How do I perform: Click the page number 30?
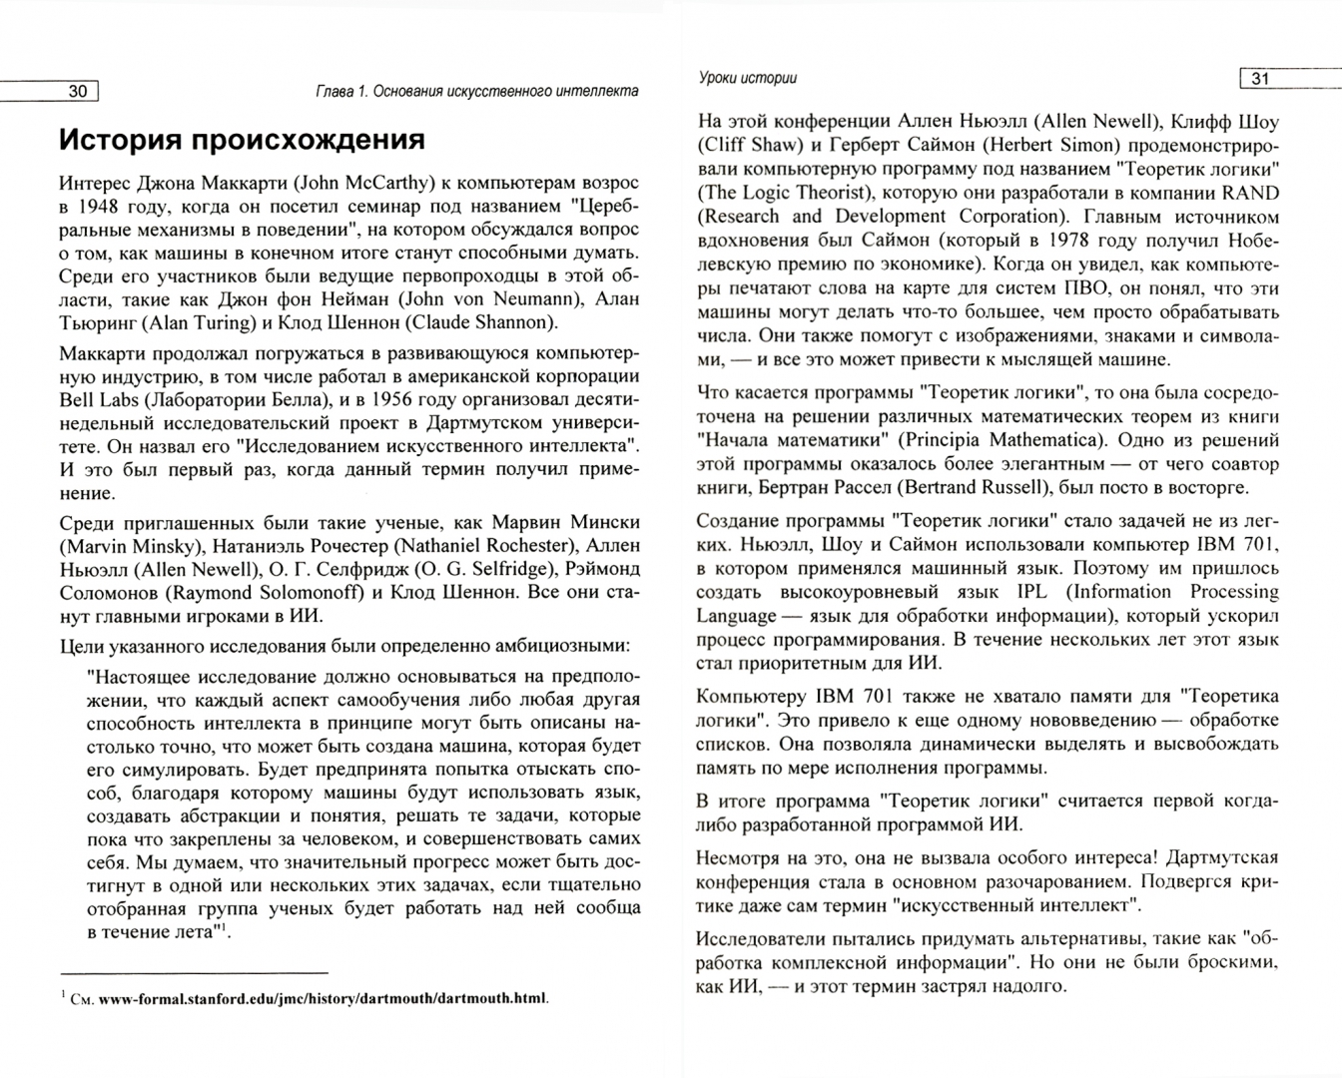click(x=77, y=92)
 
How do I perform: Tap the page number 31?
click(x=1260, y=79)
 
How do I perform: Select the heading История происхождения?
click(x=242, y=140)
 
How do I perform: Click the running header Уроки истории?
click(x=747, y=78)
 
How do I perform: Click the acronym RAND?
click(x=1252, y=193)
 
